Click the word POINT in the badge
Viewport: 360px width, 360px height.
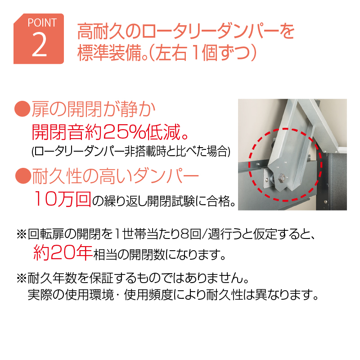pos(42,23)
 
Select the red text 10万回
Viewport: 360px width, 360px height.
pos(63,199)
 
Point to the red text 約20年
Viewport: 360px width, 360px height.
pos(63,252)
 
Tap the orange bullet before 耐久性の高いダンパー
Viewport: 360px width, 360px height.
pos(23,176)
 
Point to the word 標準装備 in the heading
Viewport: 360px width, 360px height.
pos(109,54)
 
